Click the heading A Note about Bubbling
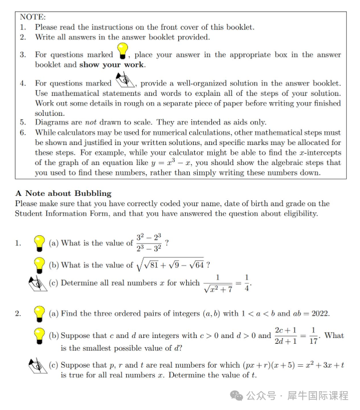click(63, 193)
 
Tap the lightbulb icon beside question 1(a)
click(39, 243)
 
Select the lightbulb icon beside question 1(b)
click(39, 265)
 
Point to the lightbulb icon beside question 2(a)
click(39, 313)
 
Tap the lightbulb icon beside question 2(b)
click(39, 335)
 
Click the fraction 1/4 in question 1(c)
click(247, 283)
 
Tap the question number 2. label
click(18, 313)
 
